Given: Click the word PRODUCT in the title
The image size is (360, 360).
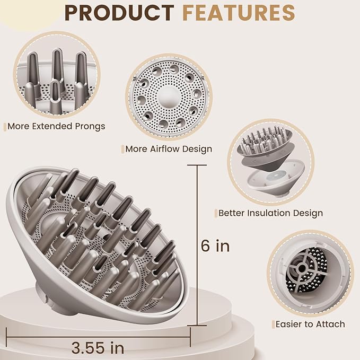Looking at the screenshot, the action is point(119,13).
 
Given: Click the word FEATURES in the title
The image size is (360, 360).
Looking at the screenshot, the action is point(239,13).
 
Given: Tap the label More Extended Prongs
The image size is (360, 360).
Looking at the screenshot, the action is point(56,126).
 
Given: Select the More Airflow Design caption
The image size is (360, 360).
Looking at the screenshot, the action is point(169,149).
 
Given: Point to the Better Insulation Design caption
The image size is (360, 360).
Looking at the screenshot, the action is point(271,213).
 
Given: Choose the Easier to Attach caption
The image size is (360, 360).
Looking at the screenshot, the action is point(310,324).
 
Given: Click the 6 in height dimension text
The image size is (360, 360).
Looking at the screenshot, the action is point(215,245).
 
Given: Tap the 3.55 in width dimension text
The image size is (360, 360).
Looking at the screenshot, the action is point(98,348).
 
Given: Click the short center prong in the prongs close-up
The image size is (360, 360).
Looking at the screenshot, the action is point(56,96).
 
